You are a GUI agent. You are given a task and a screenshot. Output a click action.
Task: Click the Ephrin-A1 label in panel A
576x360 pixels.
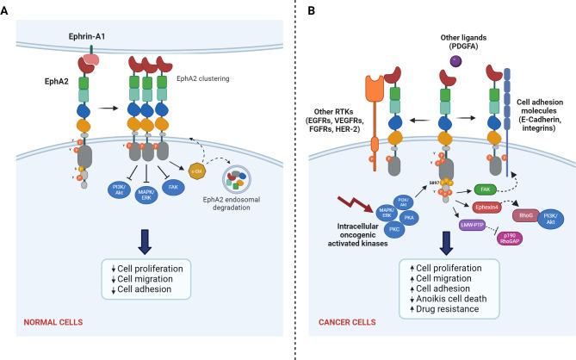click(87, 38)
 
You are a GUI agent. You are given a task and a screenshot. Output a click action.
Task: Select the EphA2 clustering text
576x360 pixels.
click(207, 78)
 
